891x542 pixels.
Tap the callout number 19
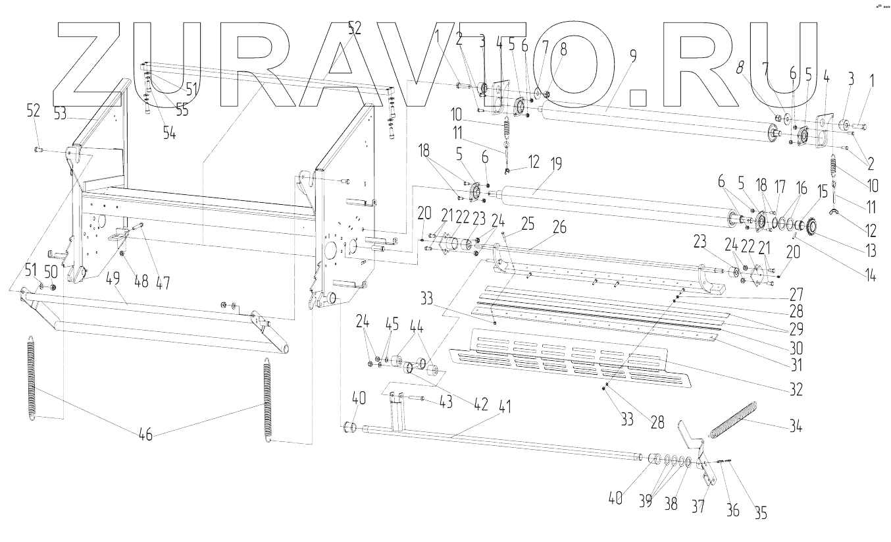click(x=556, y=165)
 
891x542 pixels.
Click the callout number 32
click(x=796, y=389)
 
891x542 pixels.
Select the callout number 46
click(x=145, y=435)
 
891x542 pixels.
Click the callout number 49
click(x=114, y=279)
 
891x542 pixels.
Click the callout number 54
click(x=170, y=132)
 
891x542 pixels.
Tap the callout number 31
click(x=797, y=363)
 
